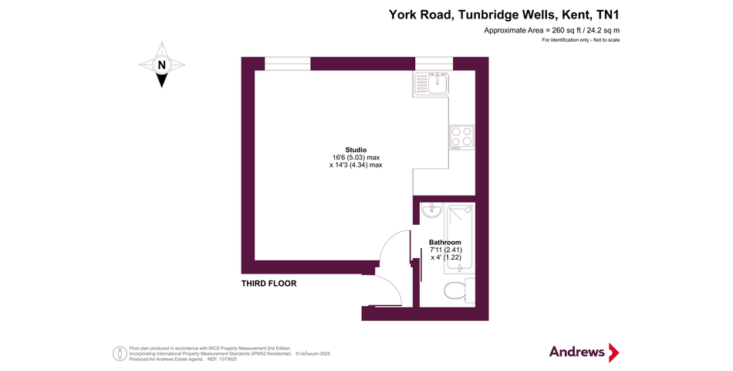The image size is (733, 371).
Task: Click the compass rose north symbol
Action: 161,66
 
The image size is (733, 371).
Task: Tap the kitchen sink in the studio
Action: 431,83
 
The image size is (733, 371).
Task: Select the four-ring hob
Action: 462,137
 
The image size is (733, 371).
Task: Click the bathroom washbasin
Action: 432,211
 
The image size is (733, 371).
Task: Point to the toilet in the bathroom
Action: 455,291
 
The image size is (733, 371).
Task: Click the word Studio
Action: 356,150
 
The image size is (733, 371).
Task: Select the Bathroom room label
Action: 445,243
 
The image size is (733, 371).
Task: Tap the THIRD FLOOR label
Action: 269,284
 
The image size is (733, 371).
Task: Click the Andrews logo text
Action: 577,352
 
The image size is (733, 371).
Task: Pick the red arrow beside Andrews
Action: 613,352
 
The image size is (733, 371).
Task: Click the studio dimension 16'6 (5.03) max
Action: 356,158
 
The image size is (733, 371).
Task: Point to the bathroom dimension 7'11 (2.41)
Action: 445,250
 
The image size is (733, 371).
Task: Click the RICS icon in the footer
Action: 120,354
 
